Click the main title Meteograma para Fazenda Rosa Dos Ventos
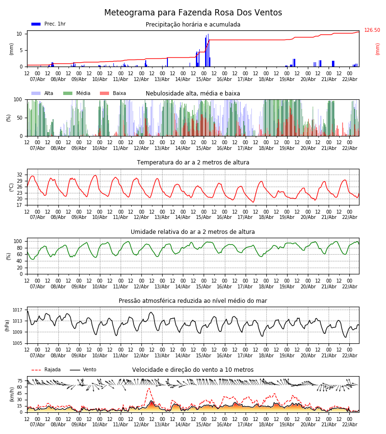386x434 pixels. [x=193, y=13]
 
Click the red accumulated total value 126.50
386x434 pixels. [x=372, y=30]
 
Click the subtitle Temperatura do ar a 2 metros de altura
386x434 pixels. [x=193, y=163]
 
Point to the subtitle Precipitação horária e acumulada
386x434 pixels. [x=193, y=25]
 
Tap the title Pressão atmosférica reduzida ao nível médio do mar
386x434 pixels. [x=193, y=301]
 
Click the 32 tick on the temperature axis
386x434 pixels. [x=20, y=175]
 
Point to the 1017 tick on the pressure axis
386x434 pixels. [x=18, y=310]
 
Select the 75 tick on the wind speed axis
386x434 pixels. [x=20, y=380]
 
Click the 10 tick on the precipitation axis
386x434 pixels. [x=20, y=34]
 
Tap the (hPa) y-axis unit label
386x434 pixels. [x=8, y=325]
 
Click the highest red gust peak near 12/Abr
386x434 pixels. [x=149, y=389]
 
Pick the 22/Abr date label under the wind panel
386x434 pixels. [x=349, y=425]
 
